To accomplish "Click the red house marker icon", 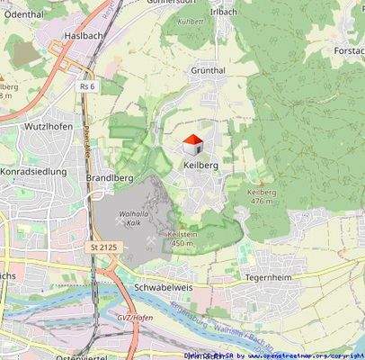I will [x=191, y=143].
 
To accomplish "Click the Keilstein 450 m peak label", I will [x=182, y=238].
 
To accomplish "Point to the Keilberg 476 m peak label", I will [x=261, y=196].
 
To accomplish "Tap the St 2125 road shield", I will [x=104, y=247].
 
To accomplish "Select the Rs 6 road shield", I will [x=86, y=86].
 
